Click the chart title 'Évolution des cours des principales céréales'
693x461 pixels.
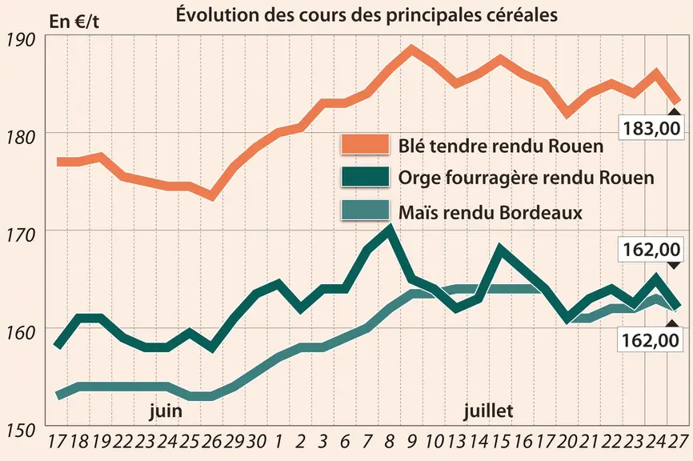pos(367,14)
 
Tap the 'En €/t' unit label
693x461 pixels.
pos(74,22)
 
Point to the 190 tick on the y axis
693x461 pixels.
pos(19,40)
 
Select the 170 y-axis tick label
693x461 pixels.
pos(19,235)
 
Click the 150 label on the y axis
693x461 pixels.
pos(19,430)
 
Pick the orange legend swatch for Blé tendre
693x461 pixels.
pos(365,145)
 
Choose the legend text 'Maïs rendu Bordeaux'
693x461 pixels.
pos(490,213)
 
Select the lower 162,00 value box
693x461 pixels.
pos(650,340)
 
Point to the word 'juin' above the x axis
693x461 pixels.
pos(166,411)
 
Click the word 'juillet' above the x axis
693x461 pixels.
pos(488,411)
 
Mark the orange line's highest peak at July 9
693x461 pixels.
pos(411,49)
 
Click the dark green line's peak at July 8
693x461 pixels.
pos(390,228)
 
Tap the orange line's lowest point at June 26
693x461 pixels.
pos(212,196)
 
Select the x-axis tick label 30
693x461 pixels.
pos(256,442)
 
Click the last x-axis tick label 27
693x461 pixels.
pos(678,442)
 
